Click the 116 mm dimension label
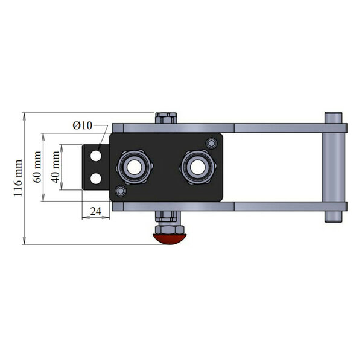[17, 178]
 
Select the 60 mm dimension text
[37, 167]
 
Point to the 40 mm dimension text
[56, 167]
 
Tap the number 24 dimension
[95, 211]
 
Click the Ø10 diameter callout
[83, 125]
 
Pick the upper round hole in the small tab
[96, 156]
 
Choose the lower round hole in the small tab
[96, 179]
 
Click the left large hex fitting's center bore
[134, 167]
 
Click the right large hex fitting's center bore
[198, 167]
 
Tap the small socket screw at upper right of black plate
[212, 144]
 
